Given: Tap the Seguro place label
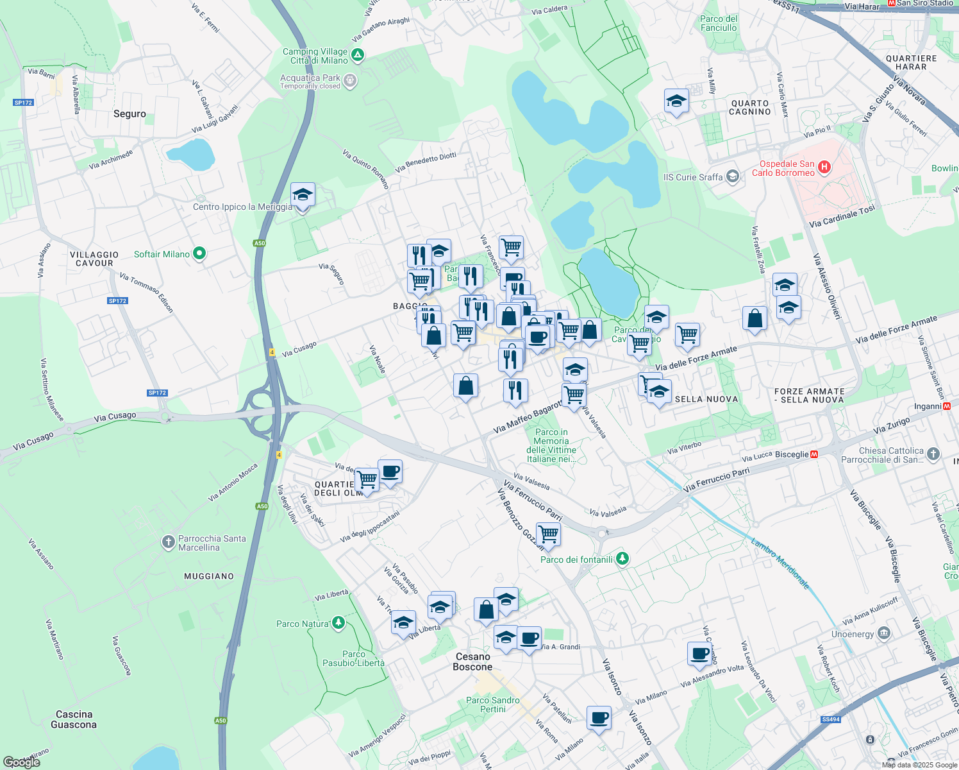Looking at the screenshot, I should click(x=129, y=114).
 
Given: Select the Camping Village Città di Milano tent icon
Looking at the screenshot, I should click(x=358, y=56).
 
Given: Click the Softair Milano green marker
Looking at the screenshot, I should click(x=199, y=254).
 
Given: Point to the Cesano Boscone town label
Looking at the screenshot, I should click(x=472, y=662).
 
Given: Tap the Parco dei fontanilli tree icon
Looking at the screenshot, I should click(x=622, y=559).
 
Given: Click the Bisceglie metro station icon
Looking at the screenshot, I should click(x=814, y=454).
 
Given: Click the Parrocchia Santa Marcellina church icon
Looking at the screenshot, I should click(x=168, y=543).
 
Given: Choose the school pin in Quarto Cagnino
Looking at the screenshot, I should click(x=676, y=101).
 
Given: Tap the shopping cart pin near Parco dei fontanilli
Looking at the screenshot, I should click(x=548, y=533).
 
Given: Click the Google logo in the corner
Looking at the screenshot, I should click(x=22, y=762).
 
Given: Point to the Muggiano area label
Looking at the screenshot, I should click(x=209, y=576).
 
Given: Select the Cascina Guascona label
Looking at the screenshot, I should click(x=74, y=719).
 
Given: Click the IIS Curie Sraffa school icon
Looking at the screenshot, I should click(x=733, y=176).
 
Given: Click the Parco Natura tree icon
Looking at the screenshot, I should click(x=338, y=623).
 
